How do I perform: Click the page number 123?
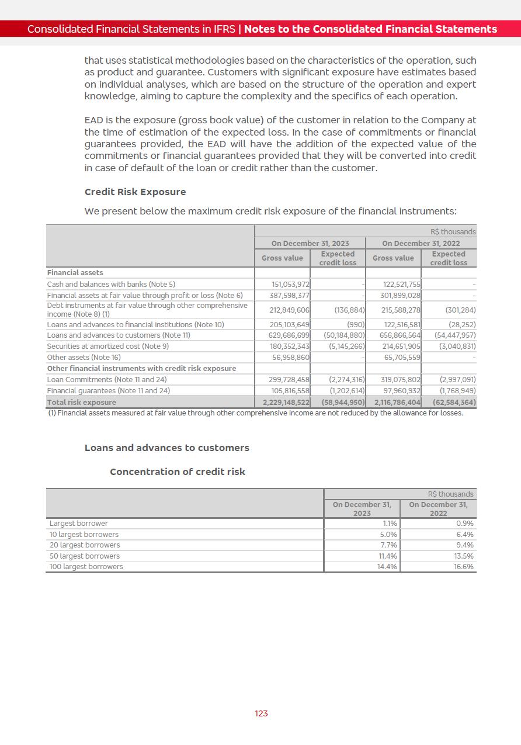click(261, 713)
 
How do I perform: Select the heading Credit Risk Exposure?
click(135, 192)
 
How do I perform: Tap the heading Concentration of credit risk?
click(178, 472)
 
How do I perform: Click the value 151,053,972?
click(291, 285)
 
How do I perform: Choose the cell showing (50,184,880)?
click(344, 335)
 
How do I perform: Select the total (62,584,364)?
click(454, 403)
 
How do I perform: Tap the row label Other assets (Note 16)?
click(84, 357)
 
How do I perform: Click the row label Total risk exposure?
click(81, 403)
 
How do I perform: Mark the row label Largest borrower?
click(78, 524)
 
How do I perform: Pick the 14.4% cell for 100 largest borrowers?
click(387, 567)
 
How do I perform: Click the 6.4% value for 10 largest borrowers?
click(464, 535)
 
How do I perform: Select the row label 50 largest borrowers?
click(84, 556)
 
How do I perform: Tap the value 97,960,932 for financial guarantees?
click(401, 391)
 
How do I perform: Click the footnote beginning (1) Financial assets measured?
click(255, 413)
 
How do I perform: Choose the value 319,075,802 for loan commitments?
click(401, 380)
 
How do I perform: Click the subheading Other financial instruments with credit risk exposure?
click(141, 369)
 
